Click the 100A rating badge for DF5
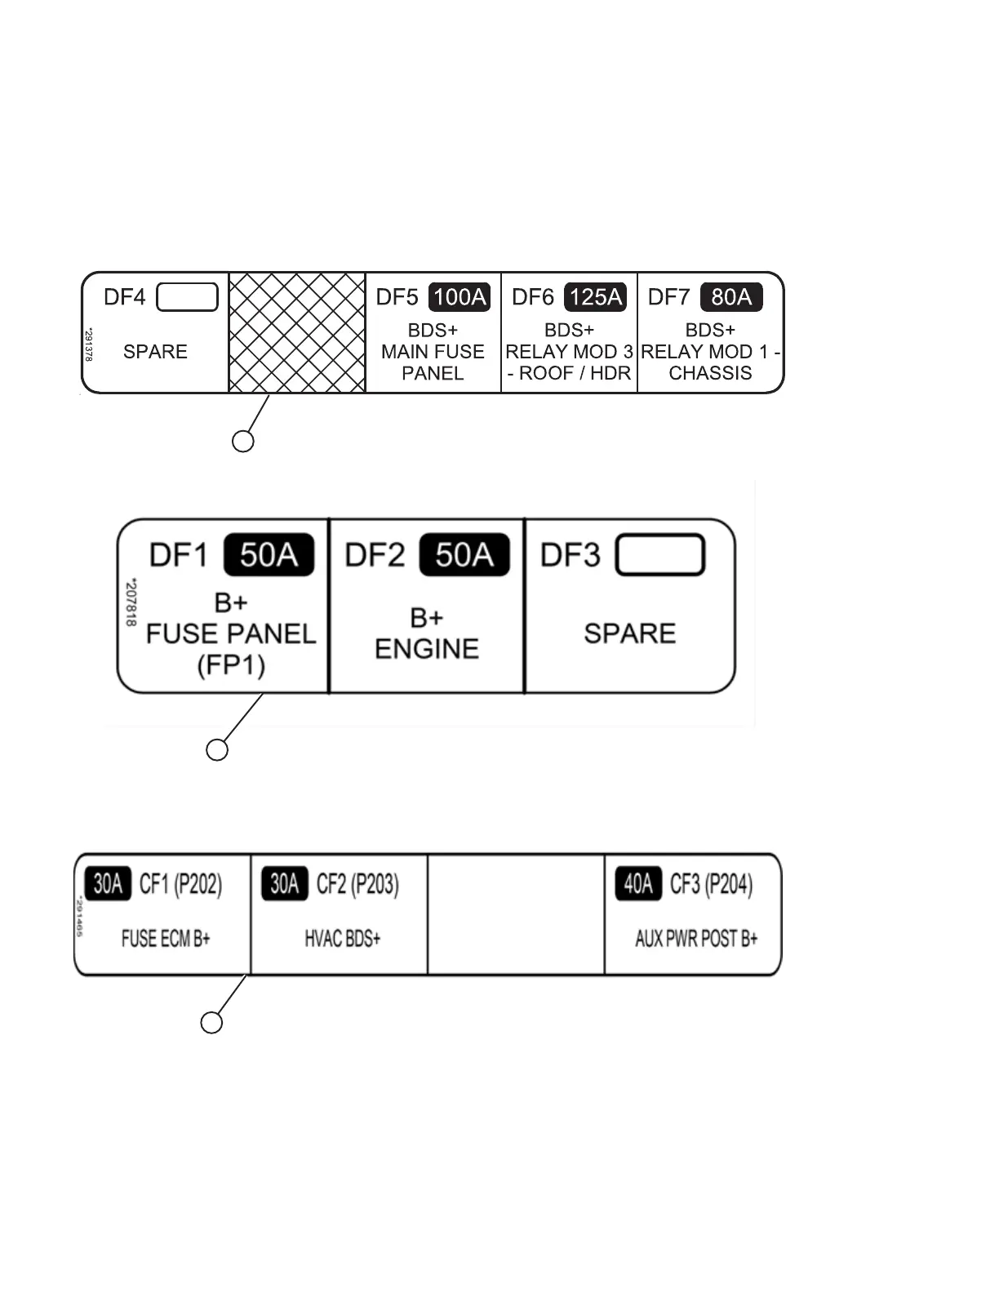(459, 297)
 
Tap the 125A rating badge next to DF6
(596, 297)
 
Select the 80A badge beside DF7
(731, 297)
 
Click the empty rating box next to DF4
(187, 297)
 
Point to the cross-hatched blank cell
(297, 333)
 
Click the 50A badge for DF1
(269, 555)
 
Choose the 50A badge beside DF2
(464, 555)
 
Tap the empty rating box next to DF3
(659, 555)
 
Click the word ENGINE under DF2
(427, 649)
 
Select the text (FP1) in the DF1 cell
(231, 665)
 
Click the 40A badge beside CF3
(638, 884)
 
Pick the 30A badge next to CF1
(108, 884)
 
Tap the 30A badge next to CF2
(285, 884)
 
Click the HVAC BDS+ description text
(343, 939)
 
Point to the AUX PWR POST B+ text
(696, 939)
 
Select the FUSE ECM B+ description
(166, 939)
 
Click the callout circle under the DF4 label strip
(243, 442)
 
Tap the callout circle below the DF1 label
(217, 750)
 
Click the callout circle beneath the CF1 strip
(211, 1023)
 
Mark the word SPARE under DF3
(630, 633)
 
